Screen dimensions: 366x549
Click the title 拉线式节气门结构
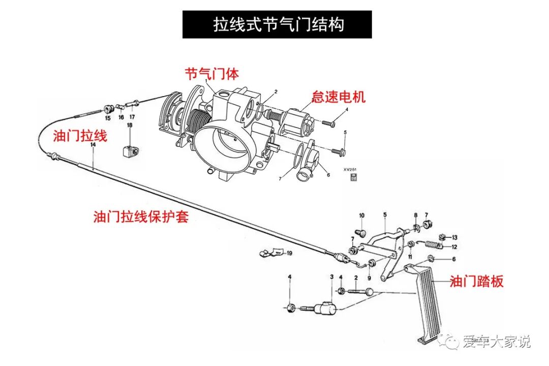click(x=277, y=24)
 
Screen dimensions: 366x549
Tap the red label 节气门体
click(x=211, y=74)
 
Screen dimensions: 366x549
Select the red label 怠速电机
click(x=339, y=97)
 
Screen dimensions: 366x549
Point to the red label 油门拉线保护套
click(x=141, y=217)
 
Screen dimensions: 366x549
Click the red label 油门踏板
click(x=476, y=281)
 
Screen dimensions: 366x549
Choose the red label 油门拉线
click(x=80, y=136)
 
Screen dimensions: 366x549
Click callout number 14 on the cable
click(x=93, y=145)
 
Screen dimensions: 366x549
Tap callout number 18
click(x=130, y=125)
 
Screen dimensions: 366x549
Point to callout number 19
click(x=289, y=253)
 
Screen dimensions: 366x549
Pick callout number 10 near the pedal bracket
click(x=361, y=216)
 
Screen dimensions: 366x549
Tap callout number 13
click(x=454, y=237)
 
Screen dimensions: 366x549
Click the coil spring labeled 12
click(x=432, y=245)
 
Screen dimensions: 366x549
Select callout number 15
click(x=107, y=118)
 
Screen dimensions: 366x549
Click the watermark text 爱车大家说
click(x=496, y=342)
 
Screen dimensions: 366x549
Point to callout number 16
click(x=121, y=117)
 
